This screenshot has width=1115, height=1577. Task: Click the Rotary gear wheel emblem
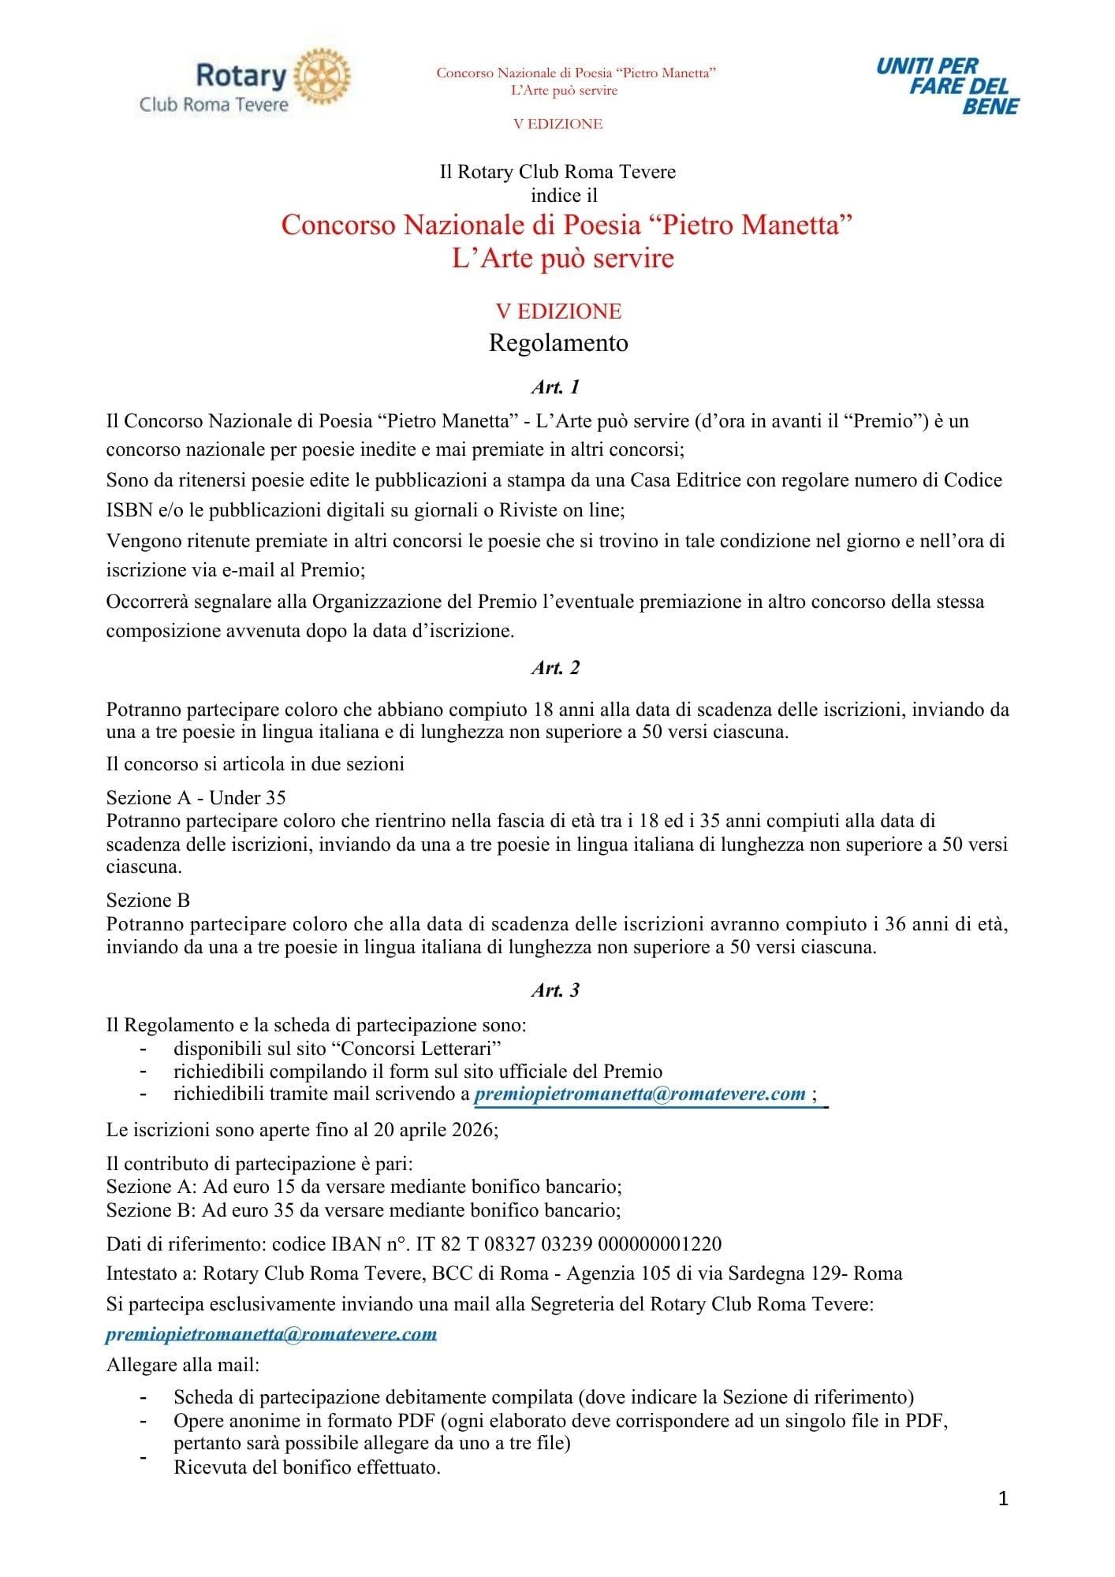tap(322, 77)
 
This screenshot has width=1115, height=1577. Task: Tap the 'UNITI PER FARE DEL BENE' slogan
tap(947, 86)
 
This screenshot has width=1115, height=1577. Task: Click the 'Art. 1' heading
tap(556, 386)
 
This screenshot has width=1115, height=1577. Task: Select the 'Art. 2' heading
tap(556, 667)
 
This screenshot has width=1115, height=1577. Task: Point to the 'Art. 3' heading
tap(556, 990)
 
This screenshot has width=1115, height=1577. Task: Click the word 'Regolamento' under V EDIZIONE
tap(558, 343)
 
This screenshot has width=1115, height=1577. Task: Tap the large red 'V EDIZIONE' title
tap(558, 311)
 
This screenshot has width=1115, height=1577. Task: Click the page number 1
tap(1003, 1498)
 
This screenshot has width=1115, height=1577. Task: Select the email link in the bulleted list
tap(640, 1094)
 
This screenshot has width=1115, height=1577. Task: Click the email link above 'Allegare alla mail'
tap(271, 1333)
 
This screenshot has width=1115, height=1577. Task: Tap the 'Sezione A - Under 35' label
tap(196, 797)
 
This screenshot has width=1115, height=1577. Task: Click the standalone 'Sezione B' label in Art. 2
tap(148, 900)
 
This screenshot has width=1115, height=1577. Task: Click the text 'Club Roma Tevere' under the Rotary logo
tap(214, 104)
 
